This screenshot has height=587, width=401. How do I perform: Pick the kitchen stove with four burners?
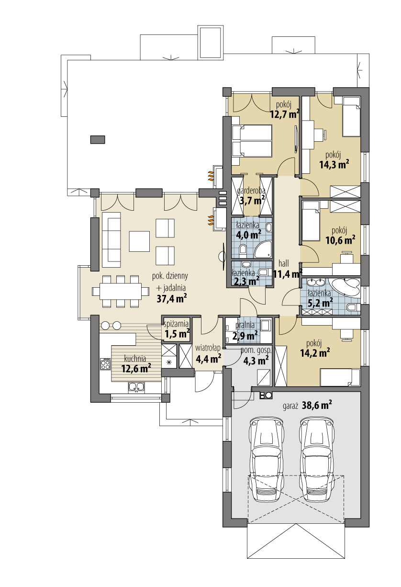click(x=105, y=364)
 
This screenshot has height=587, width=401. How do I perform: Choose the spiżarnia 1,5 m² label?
click(x=177, y=329)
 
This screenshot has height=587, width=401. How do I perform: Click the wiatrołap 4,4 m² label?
click(x=208, y=352)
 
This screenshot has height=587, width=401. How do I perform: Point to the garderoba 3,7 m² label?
click(x=252, y=196)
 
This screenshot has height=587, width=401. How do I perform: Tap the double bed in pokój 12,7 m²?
click(x=252, y=140)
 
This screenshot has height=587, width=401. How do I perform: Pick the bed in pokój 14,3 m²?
click(x=352, y=116)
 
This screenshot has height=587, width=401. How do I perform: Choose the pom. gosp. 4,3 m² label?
click(x=256, y=356)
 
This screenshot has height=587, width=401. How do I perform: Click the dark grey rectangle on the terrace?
click(x=98, y=139)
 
